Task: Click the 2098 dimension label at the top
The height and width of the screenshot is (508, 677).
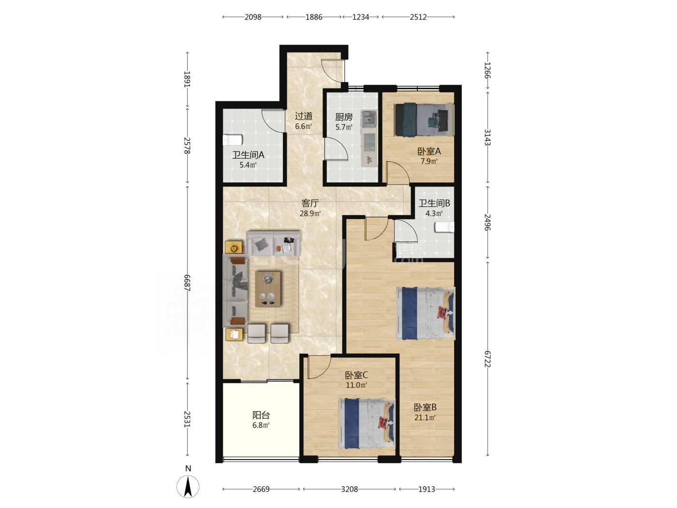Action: coord(252,17)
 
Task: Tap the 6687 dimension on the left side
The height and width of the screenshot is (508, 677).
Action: coord(187,283)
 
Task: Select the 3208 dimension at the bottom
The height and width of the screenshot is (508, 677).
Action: coord(349,489)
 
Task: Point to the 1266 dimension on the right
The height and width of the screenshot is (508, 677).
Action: coord(487,70)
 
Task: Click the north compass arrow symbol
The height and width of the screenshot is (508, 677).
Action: coord(188,487)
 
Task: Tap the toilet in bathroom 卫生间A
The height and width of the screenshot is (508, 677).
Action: coord(233,140)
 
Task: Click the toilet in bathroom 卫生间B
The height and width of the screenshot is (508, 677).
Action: coord(444,227)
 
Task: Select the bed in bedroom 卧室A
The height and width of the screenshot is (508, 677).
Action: coord(424,120)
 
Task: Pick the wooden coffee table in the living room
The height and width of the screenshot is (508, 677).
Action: coord(268,289)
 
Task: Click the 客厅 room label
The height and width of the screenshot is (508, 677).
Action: coord(310,203)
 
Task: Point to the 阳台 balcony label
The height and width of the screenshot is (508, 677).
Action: coord(261,415)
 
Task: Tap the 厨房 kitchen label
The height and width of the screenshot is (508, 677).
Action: coord(344,117)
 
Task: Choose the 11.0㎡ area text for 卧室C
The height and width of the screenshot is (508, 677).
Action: coord(356,385)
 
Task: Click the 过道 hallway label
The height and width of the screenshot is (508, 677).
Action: coord(304,116)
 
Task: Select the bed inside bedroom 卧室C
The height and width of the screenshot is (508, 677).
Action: coord(367,423)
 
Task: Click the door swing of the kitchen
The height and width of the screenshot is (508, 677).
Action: coord(336,149)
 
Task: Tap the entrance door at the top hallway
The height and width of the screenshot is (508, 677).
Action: coord(333,70)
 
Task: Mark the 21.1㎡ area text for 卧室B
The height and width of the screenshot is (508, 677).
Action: coord(425,418)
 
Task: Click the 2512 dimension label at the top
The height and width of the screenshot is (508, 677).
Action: coord(418,17)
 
